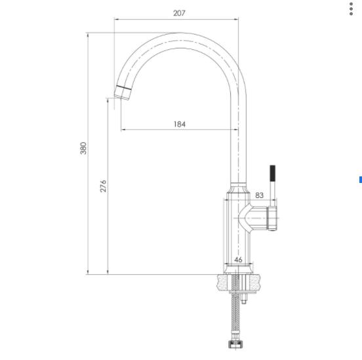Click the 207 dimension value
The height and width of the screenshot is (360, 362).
[x=179, y=13]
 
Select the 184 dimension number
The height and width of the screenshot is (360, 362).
[x=180, y=124]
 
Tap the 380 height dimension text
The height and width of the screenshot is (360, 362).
[x=83, y=148]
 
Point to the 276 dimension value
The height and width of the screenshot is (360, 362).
[x=103, y=186]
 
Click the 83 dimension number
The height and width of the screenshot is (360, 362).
[x=259, y=195]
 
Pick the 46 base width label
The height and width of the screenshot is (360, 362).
[x=238, y=260]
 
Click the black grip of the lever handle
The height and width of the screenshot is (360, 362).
[x=272, y=173]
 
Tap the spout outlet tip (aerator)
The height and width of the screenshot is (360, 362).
[x=123, y=93]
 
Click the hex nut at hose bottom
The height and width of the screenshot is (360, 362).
[x=235, y=344]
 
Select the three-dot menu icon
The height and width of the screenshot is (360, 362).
[x=351, y=9]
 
